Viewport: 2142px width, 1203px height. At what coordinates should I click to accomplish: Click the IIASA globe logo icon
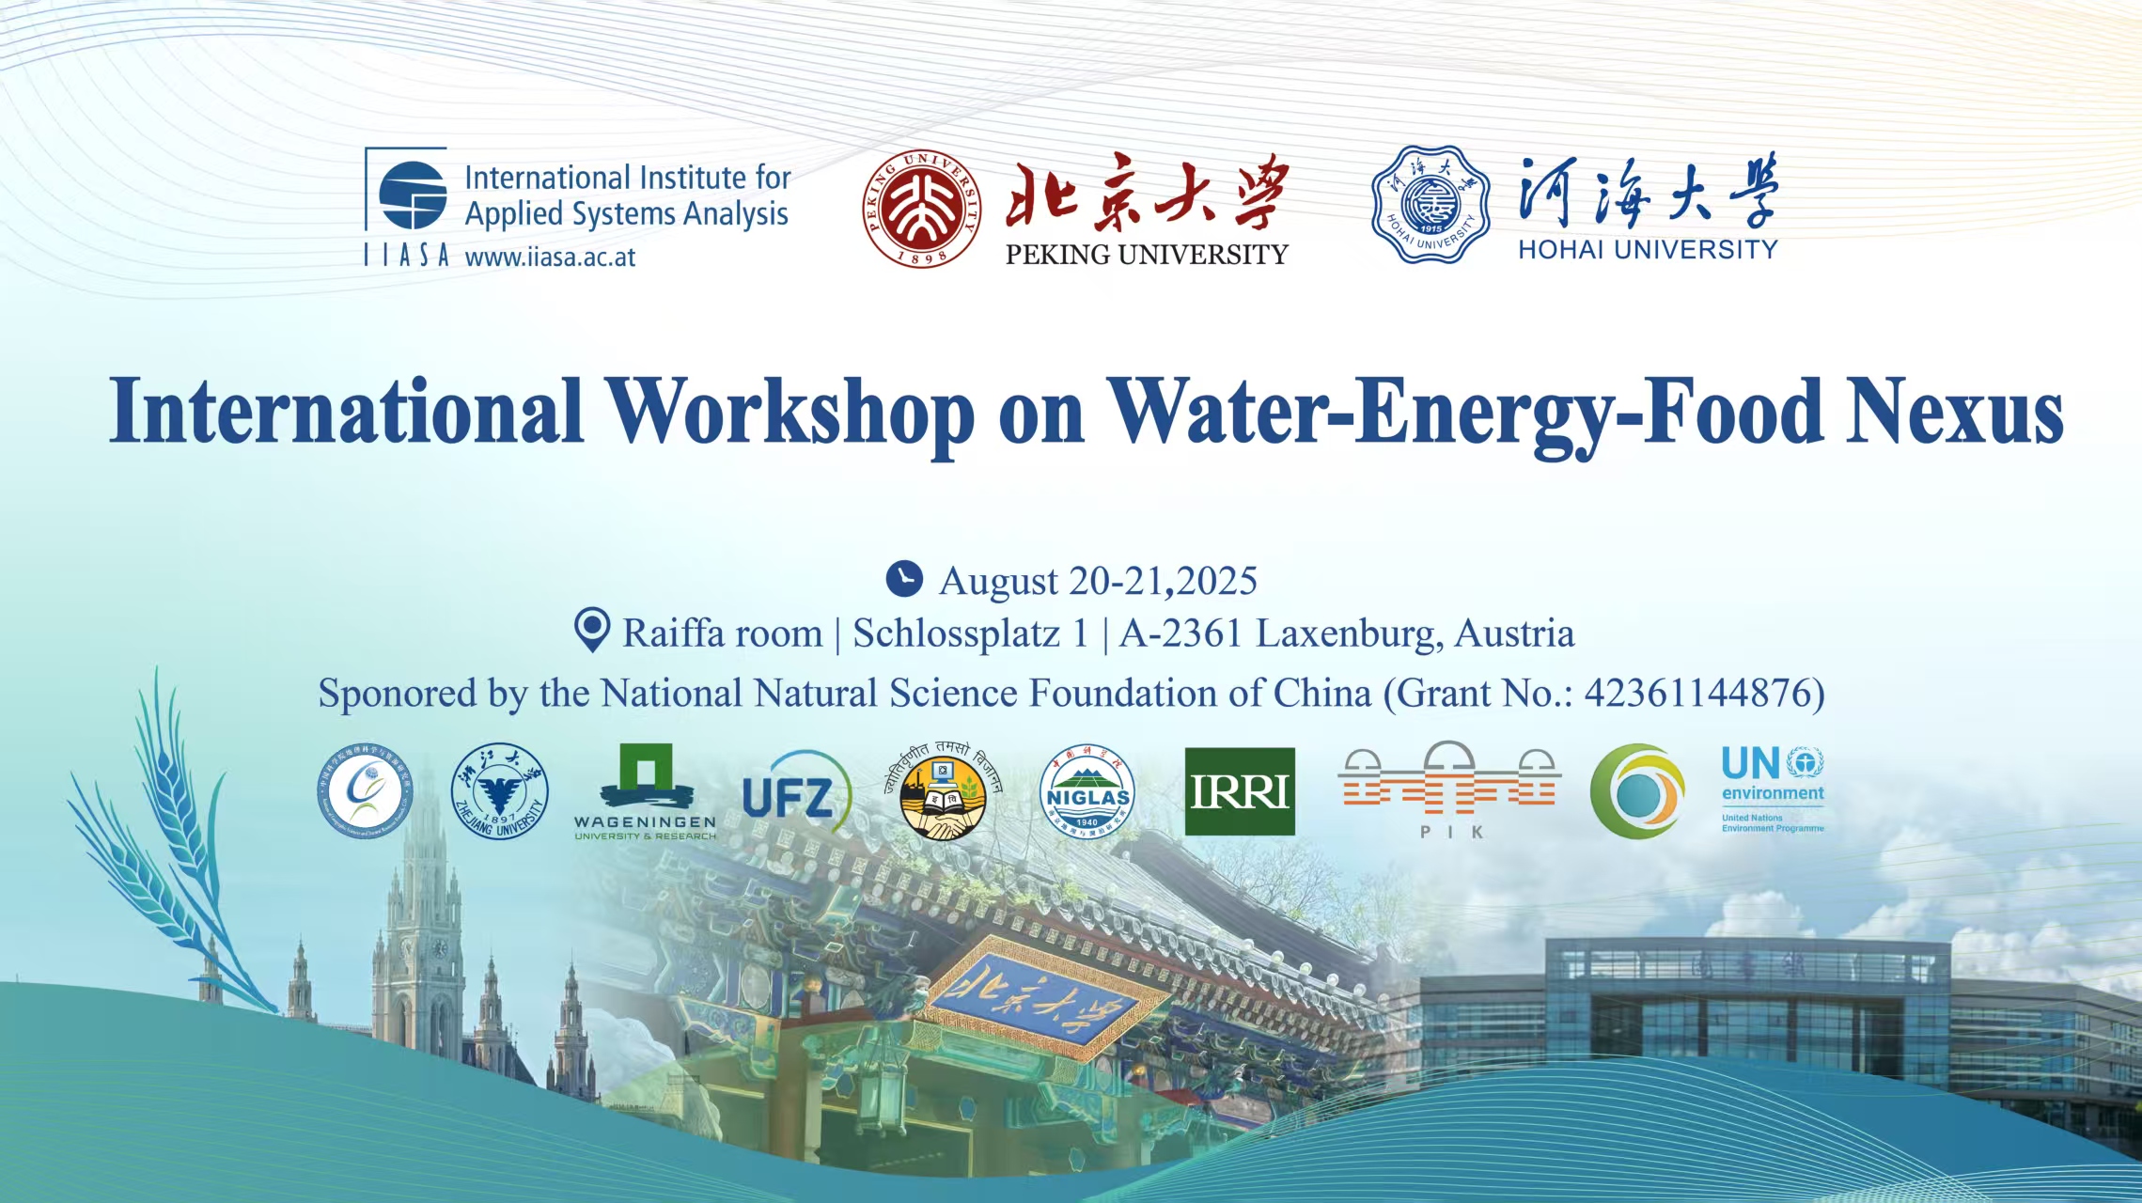(x=412, y=195)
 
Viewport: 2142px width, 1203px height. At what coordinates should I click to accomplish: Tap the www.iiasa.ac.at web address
(x=550, y=258)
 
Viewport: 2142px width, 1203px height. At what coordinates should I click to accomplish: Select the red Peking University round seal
(x=921, y=208)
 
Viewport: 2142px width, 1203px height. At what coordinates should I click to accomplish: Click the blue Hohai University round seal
(x=1430, y=204)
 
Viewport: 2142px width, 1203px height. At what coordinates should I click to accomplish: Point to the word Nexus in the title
(x=1954, y=412)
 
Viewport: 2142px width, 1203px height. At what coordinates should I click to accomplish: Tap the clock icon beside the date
(x=904, y=579)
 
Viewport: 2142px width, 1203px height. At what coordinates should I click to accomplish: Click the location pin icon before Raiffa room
(x=591, y=630)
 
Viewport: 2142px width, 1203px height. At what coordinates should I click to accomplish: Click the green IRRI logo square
(x=1239, y=791)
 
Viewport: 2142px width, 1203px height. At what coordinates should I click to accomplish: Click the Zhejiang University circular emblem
(x=500, y=791)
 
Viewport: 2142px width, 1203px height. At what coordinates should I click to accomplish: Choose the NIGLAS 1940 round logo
(x=1087, y=792)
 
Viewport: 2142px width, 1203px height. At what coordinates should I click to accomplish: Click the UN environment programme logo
(x=1772, y=788)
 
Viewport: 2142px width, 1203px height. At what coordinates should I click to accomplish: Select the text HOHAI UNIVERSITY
(x=1647, y=250)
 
